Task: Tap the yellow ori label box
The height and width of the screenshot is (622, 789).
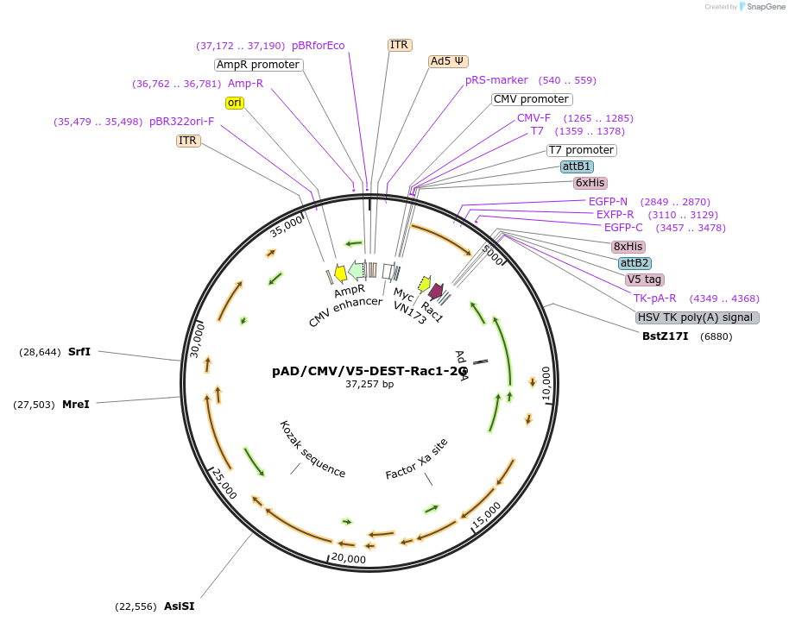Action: pos(234,103)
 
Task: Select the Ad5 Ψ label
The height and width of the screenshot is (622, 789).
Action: pos(448,61)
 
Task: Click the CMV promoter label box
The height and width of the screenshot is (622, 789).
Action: pos(531,99)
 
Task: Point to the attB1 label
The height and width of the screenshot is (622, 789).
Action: pos(577,166)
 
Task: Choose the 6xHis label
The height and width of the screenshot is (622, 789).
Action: pos(590,183)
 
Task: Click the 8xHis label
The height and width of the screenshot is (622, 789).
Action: pos(628,246)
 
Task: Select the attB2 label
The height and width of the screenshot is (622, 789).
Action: pos(634,262)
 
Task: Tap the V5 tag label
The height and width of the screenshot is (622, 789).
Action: pos(644,280)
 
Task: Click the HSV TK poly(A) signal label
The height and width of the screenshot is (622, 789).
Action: pos(697,317)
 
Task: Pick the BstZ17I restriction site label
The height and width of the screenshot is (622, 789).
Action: pos(665,336)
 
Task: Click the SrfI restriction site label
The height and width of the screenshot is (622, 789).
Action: pos(79,352)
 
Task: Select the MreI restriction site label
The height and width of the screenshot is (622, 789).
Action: pos(76,404)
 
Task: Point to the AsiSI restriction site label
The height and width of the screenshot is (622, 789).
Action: pos(180,606)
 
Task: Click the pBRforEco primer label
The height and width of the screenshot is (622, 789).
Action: pos(318,46)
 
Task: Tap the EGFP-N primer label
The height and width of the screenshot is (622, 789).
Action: pos(608,202)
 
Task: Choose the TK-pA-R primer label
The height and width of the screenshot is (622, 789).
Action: pos(654,298)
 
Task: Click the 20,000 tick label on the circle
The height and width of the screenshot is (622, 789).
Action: pos(349,559)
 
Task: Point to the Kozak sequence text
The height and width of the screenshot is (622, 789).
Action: pos(312,449)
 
